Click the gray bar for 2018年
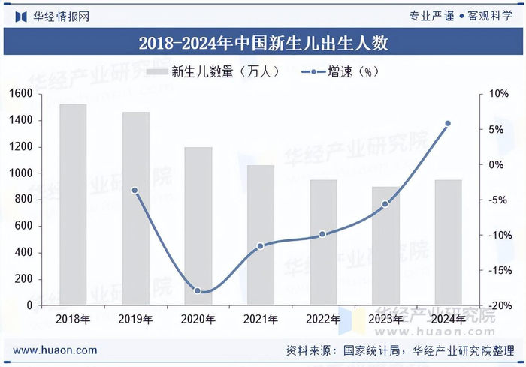point(73,204)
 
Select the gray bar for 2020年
point(198,226)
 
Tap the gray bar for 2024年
point(448,242)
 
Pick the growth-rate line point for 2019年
point(135,191)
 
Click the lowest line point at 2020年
point(198,290)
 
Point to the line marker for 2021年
point(260,246)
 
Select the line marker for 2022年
point(322,234)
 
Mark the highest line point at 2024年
point(448,124)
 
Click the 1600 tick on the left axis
point(21,94)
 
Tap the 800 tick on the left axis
point(23,200)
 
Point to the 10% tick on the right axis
point(499,94)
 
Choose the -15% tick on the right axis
point(500,270)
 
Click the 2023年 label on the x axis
point(385,319)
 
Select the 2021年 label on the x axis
point(260,319)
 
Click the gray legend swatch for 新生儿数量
point(157,71)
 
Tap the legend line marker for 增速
point(313,72)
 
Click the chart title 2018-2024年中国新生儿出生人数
point(263,43)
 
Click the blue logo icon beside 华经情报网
point(21,17)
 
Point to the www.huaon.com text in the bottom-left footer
point(55,350)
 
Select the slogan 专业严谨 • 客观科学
point(461,16)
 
